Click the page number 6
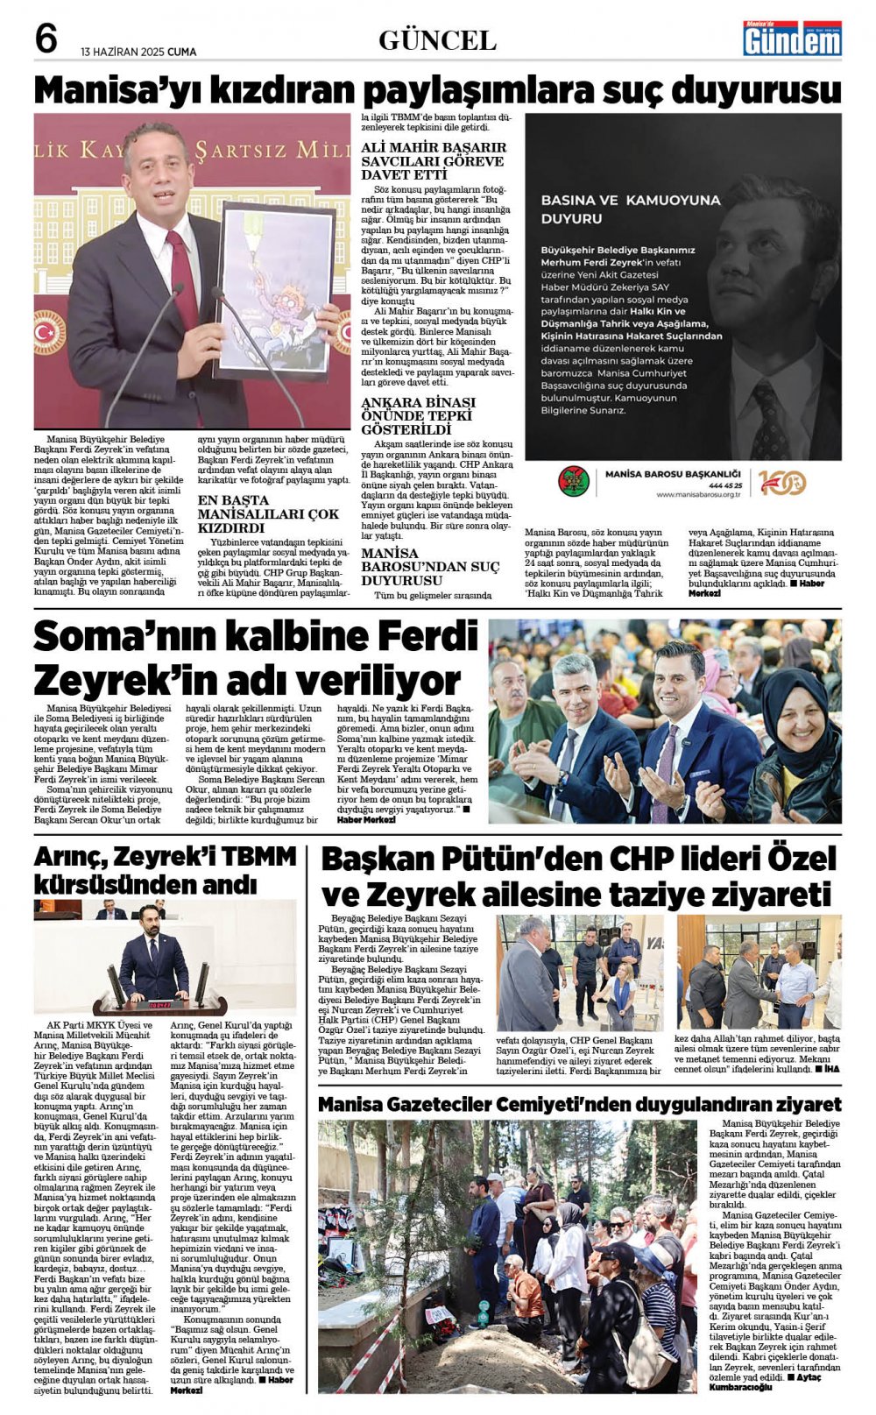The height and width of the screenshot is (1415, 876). pos(46,39)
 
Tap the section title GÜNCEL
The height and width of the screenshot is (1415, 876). pos(437,40)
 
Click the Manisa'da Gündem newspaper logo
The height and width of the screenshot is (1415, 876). pos(792,39)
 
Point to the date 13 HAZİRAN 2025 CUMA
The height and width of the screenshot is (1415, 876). pos(138,51)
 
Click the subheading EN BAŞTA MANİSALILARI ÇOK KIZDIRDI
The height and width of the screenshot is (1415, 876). pos(267,514)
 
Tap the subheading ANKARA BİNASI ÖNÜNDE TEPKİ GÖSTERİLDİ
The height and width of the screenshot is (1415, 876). pos(418,415)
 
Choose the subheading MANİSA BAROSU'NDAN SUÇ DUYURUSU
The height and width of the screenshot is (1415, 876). pos(430,567)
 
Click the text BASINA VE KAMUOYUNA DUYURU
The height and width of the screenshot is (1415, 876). pos(631,209)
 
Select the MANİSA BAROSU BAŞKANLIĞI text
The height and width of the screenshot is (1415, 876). pos(674,474)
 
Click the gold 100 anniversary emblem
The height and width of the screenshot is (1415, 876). pos(781,482)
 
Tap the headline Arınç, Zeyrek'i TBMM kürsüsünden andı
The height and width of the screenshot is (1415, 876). pos(165,869)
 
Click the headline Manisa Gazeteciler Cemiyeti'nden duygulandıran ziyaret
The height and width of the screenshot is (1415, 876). pos(579,1104)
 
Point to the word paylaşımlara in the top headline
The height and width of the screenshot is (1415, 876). pos(479,90)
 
